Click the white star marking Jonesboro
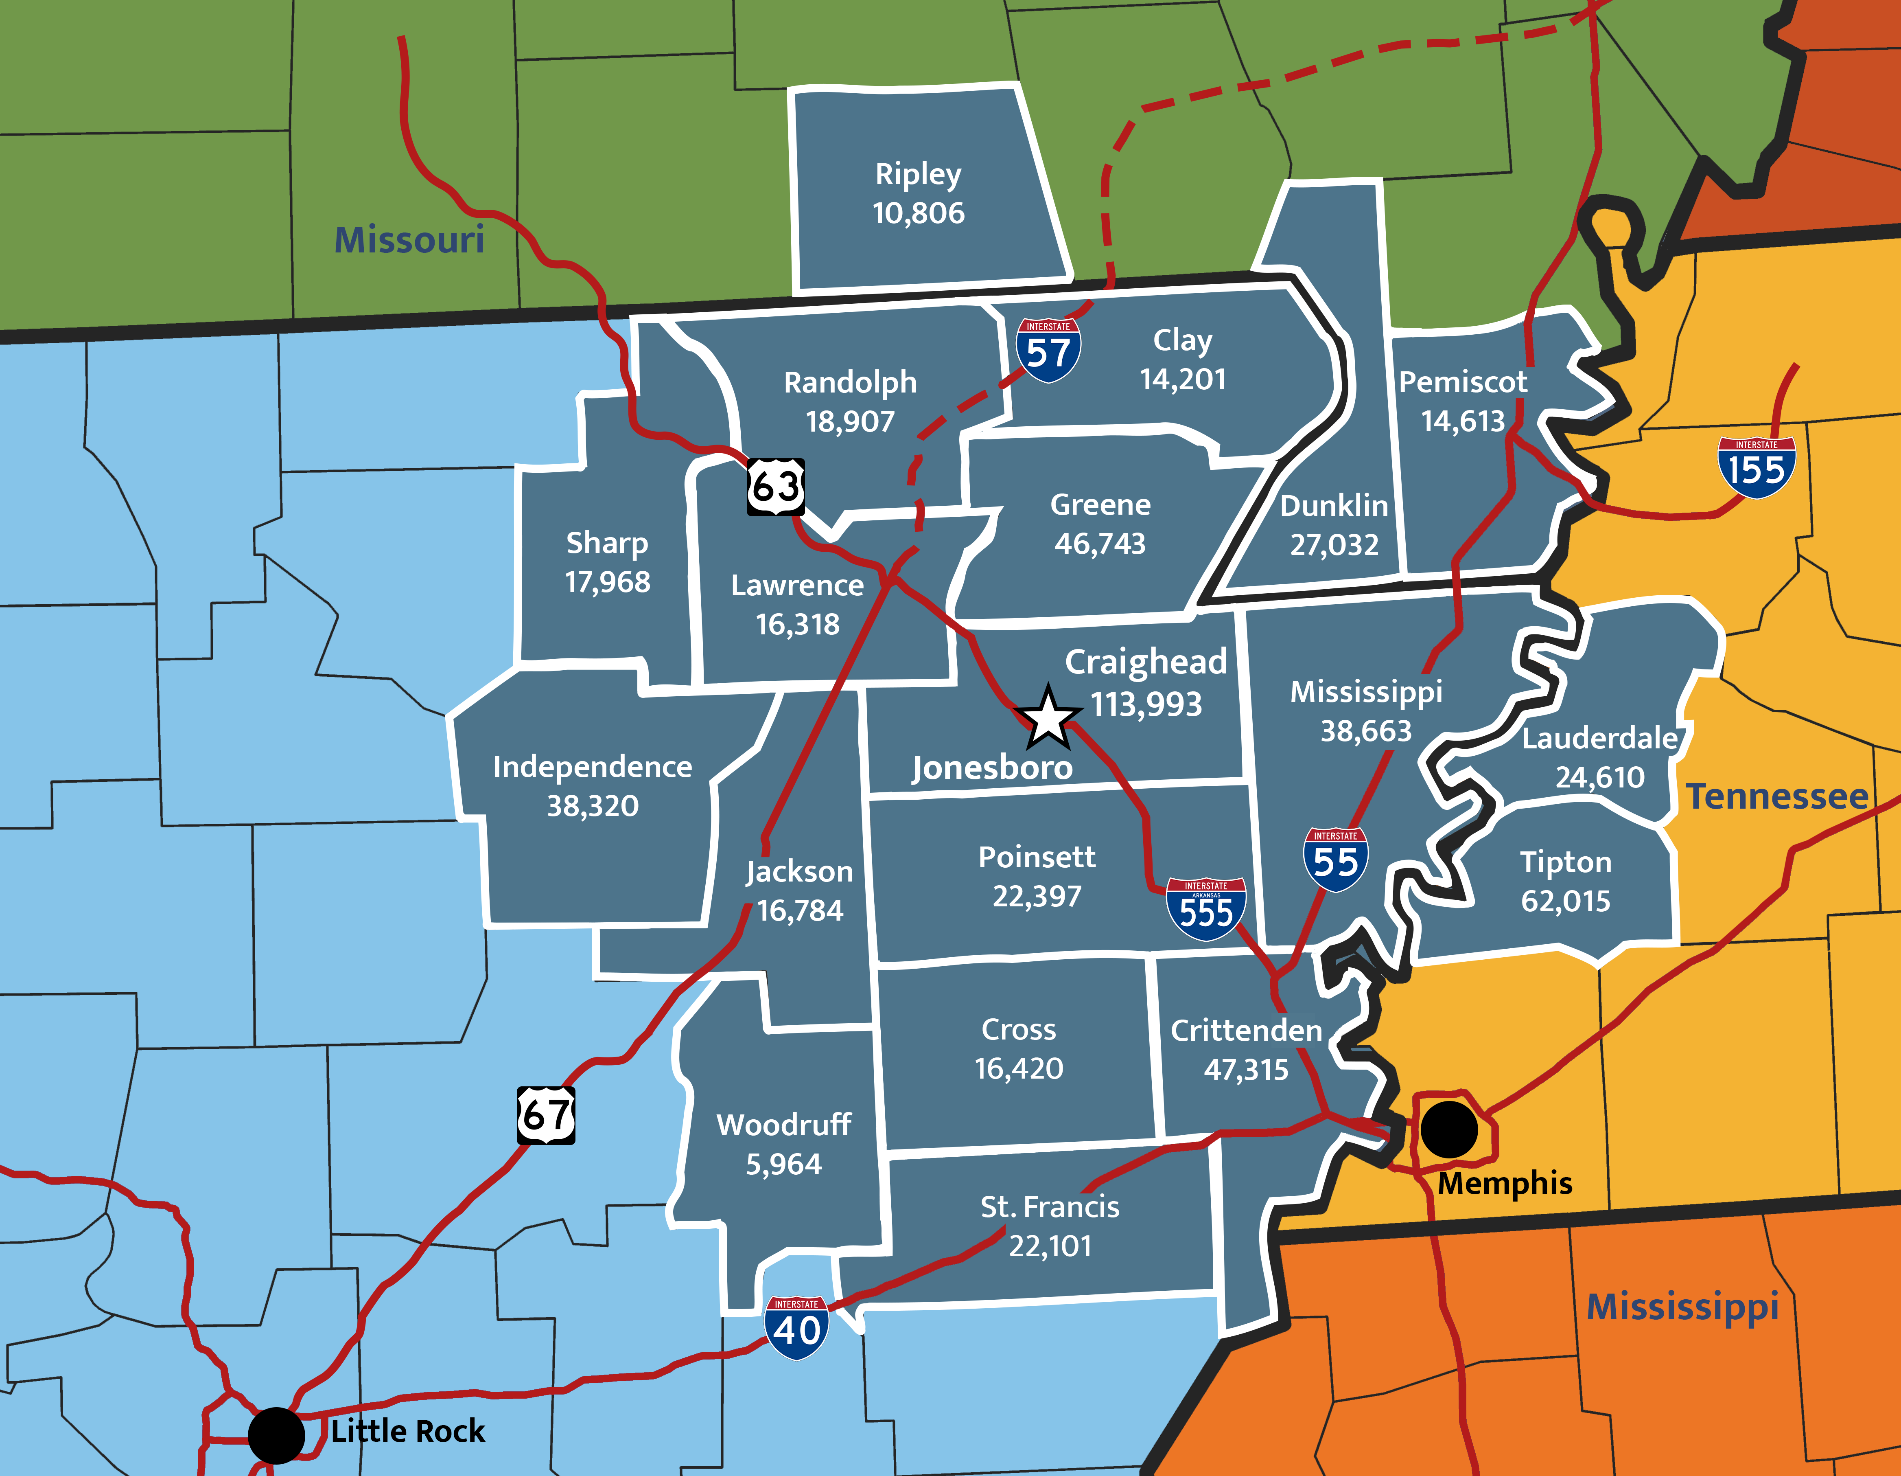point(1048,719)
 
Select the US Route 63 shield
point(776,487)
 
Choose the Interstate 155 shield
point(1757,467)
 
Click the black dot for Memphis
point(1449,1129)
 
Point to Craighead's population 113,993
point(1146,704)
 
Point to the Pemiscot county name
point(1462,382)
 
